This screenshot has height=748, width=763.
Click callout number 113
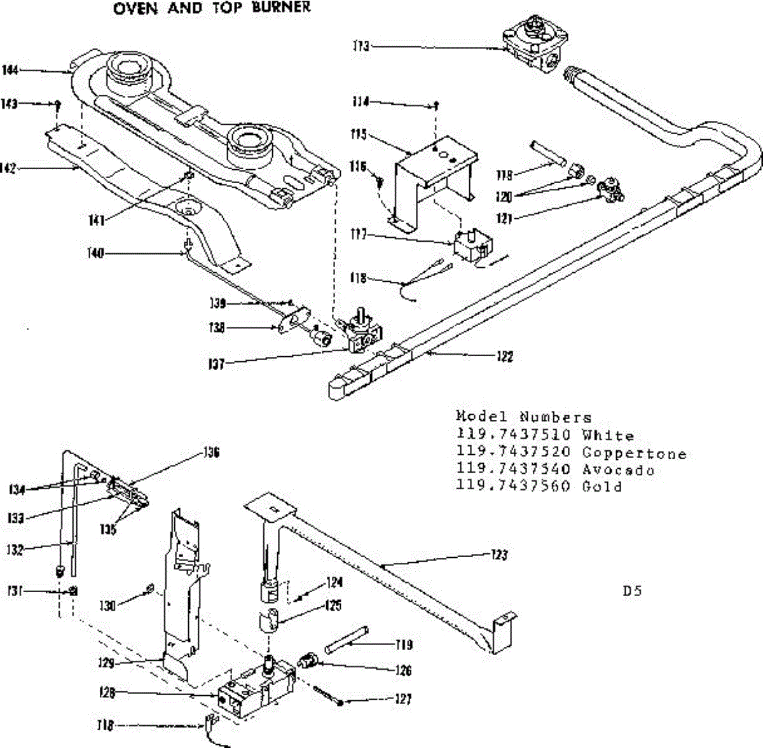(361, 46)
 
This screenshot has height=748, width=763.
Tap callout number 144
(10, 70)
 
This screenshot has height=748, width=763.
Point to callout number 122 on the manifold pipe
(504, 356)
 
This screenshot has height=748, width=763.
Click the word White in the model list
(608, 436)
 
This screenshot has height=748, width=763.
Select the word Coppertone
(634, 454)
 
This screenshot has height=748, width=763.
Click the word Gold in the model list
(601, 487)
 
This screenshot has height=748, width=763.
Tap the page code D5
(632, 591)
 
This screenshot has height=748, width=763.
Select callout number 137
(217, 365)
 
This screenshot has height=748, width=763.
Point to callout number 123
(500, 555)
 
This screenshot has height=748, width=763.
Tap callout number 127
(402, 700)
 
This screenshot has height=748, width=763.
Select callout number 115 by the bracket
(359, 135)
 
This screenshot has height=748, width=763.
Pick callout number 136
(212, 453)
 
